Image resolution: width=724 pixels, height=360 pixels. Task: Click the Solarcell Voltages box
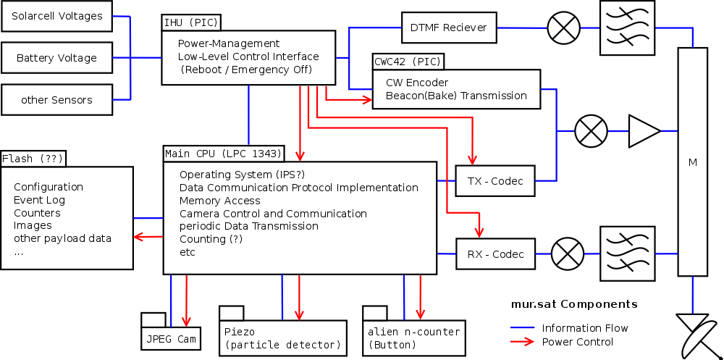(x=57, y=16)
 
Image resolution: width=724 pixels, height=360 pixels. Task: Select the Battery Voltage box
(x=57, y=58)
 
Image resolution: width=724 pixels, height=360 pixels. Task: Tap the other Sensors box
(x=57, y=99)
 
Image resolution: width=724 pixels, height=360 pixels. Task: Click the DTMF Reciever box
(x=448, y=28)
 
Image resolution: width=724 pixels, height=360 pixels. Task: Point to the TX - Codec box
(x=495, y=180)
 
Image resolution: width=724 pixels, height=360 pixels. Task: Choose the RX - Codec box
(x=495, y=254)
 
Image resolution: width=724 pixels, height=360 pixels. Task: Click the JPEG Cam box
(x=171, y=338)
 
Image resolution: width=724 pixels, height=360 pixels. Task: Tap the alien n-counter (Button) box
(x=413, y=338)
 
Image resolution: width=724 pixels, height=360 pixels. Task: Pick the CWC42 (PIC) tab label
(x=407, y=61)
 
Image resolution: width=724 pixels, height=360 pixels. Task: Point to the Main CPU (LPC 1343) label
(x=223, y=153)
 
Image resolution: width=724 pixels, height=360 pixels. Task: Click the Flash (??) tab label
(x=33, y=159)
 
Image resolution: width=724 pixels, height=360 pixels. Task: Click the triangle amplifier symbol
(x=643, y=131)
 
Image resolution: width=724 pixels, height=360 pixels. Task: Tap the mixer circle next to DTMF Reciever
(x=563, y=28)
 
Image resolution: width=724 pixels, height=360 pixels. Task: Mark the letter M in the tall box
(x=693, y=162)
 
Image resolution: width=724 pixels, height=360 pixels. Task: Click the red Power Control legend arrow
(x=524, y=342)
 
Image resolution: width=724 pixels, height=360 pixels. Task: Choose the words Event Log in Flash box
(x=39, y=200)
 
